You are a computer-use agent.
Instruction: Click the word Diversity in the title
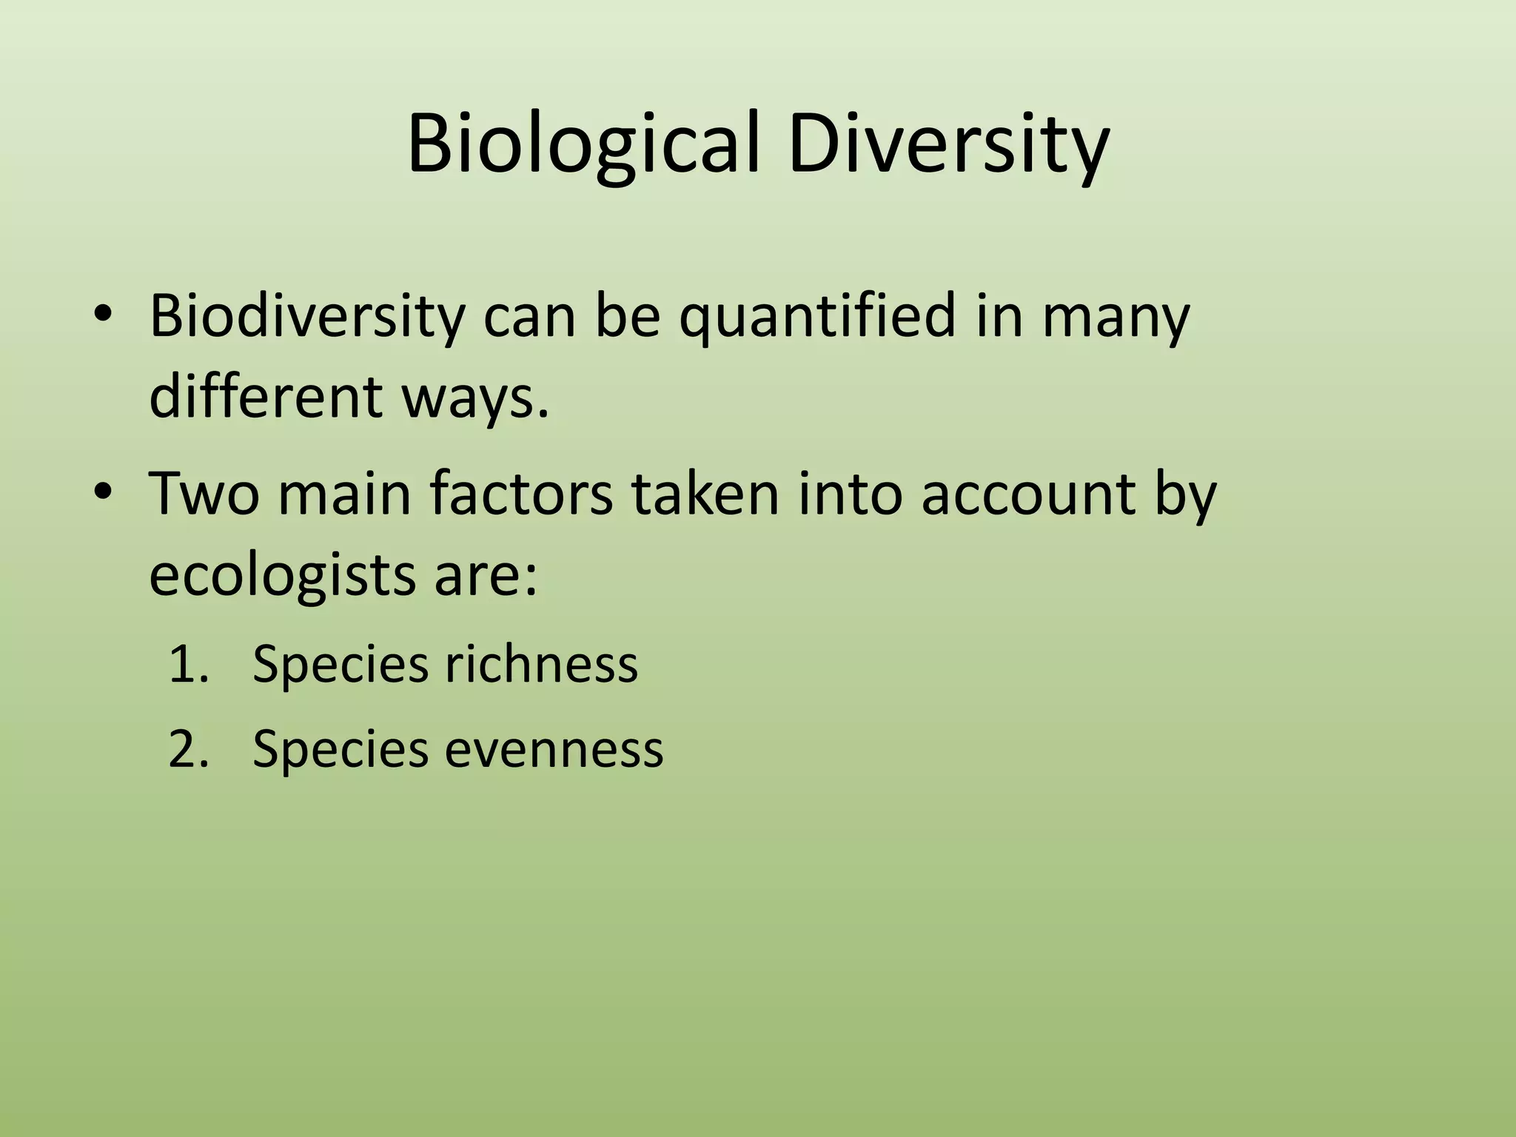[x=948, y=144]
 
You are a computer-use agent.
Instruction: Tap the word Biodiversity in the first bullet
[x=307, y=317]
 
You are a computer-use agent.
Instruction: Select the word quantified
[x=817, y=317]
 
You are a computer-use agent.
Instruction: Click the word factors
[x=521, y=494]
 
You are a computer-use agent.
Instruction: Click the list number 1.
[x=186, y=663]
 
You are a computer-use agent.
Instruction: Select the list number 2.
[x=186, y=749]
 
